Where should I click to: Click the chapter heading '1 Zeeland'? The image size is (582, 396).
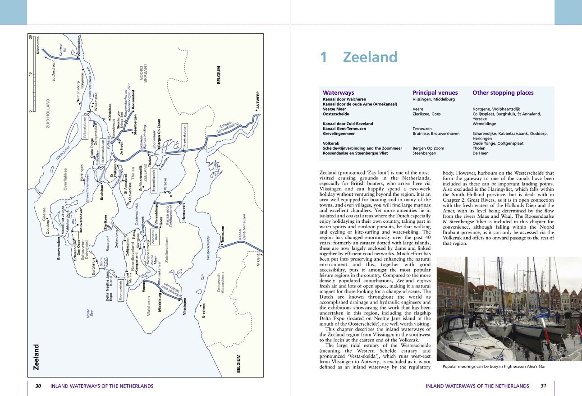(x=358, y=57)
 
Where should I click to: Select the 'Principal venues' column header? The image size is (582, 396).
(x=435, y=93)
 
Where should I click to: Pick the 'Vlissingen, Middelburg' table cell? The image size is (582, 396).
(x=434, y=99)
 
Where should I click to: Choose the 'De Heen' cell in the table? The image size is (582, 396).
(x=480, y=153)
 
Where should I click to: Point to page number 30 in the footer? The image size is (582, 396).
(x=38, y=386)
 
